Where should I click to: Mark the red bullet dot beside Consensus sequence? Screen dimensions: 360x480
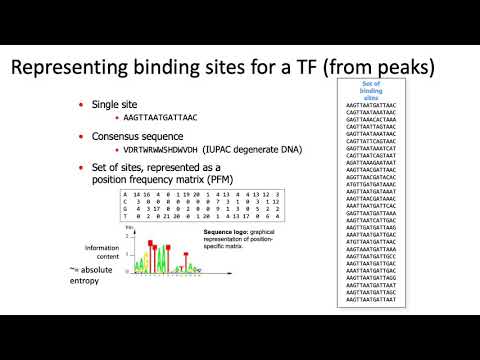(81, 135)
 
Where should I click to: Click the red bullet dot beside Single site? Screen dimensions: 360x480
(81, 104)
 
